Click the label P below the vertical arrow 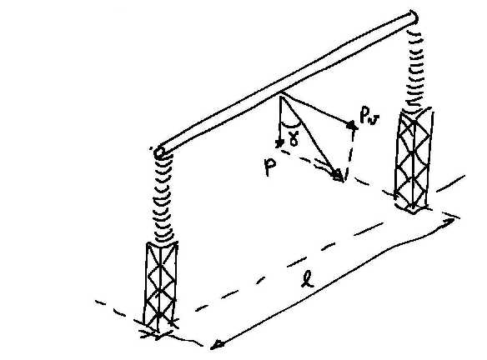pos(269,167)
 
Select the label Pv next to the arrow pos(369,116)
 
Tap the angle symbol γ pos(294,138)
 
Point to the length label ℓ pos(308,278)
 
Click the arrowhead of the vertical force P pos(280,142)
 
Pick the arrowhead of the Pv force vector pos(352,125)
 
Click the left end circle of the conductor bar pos(159,152)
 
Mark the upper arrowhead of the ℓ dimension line pos(451,221)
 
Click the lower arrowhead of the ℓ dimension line pos(216,344)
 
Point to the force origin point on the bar pos(281,95)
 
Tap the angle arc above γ pos(290,125)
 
